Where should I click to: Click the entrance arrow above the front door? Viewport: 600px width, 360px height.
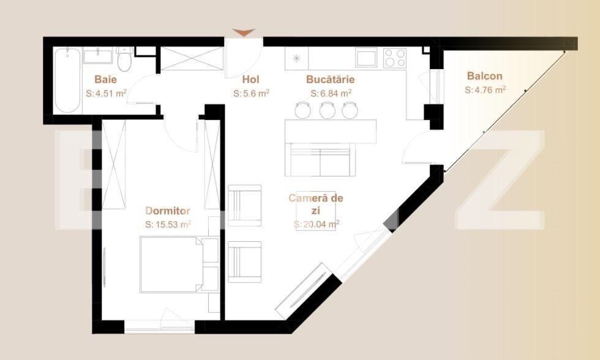coord(244,32)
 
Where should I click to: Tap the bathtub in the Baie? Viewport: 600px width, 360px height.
coord(67,80)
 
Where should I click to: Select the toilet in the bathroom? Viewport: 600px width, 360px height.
coord(124,60)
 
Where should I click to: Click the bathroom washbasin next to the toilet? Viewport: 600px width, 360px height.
coord(99,56)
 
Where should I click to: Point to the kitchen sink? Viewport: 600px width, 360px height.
coord(367,58)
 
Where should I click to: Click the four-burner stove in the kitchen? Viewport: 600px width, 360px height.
coord(395,58)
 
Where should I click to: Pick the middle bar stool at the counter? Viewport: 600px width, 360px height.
coord(326,110)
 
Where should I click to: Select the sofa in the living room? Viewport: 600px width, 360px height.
coord(320,160)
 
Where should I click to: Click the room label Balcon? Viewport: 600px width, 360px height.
coord(484,77)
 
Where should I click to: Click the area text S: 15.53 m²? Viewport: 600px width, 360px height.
coord(168,225)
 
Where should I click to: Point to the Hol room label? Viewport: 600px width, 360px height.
coord(251,79)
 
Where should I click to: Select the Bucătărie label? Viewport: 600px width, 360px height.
coord(330,79)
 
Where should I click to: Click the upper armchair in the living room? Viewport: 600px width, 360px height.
coord(245,206)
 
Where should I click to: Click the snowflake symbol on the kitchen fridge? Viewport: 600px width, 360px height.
coord(297,58)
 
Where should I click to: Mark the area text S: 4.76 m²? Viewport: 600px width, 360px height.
coord(485,90)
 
